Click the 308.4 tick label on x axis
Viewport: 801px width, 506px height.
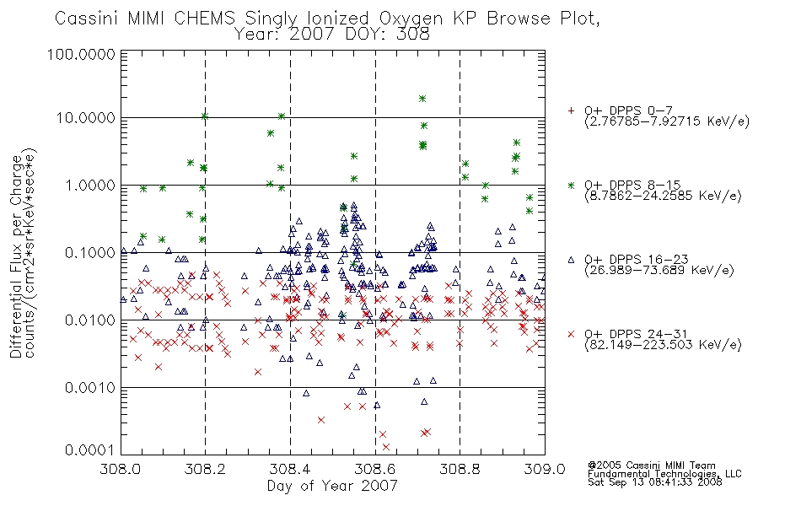[290, 469]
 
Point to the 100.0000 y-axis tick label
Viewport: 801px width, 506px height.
[81, 54]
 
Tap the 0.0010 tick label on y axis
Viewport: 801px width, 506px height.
[90, 388]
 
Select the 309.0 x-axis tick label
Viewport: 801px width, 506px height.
[545, 469]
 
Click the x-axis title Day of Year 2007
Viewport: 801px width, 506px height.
[332, 486]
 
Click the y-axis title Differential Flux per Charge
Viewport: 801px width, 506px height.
[16, 256]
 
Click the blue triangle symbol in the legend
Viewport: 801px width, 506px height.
[571, 260]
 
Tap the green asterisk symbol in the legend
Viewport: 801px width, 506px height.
[571, 185]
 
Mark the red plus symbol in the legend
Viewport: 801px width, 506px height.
[571, 110]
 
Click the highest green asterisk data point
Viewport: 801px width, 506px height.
[422, 99]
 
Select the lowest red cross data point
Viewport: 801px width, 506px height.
[385, 447]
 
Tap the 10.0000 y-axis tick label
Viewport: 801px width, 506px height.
[86, 118]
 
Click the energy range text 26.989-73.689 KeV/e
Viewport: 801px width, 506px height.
[659, 270]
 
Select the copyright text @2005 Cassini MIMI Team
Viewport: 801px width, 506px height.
[651, 466]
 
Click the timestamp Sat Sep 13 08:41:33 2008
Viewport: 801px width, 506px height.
[655, 482]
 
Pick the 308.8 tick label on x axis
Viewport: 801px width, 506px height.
[460, 469]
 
